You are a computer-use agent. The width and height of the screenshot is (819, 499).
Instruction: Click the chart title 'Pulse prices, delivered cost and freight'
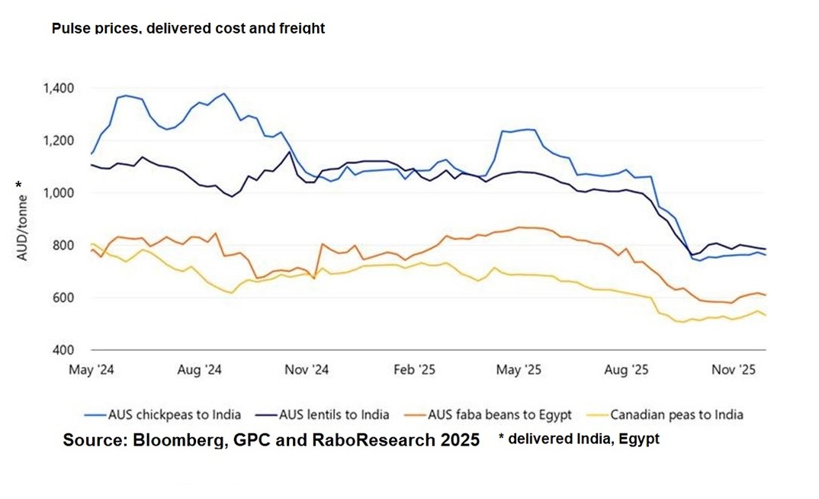(x=188, y=28)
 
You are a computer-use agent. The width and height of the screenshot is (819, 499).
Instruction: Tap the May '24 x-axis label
(x=92, y=370)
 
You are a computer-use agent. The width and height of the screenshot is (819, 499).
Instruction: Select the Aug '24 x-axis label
(x=199, y=370)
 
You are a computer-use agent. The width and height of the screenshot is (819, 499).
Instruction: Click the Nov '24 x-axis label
(x=306, y=370)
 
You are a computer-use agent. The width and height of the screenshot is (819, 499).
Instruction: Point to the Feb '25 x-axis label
(x=413, y=370)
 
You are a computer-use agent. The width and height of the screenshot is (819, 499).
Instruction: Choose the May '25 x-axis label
(x=519, y=370)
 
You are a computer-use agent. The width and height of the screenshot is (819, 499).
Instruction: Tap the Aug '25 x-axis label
(x=626, y=370)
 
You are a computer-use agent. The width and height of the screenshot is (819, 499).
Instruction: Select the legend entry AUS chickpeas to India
(x=176, y=415)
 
